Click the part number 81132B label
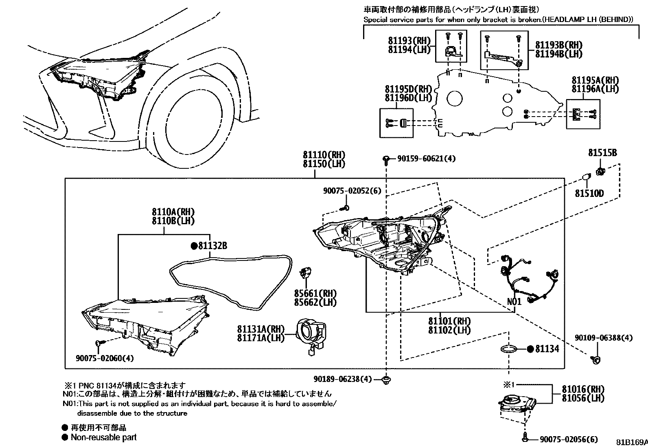[212, 246]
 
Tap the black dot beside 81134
[530, 349]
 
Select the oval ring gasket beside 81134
[508, 349]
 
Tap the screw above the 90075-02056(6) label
[525, 438]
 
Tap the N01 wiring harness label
[514, 302]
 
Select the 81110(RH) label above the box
[324, 155]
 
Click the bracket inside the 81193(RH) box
[451, 52]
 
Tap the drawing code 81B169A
[631, 442]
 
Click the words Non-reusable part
[103, 437]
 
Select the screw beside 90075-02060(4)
[99, 343]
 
